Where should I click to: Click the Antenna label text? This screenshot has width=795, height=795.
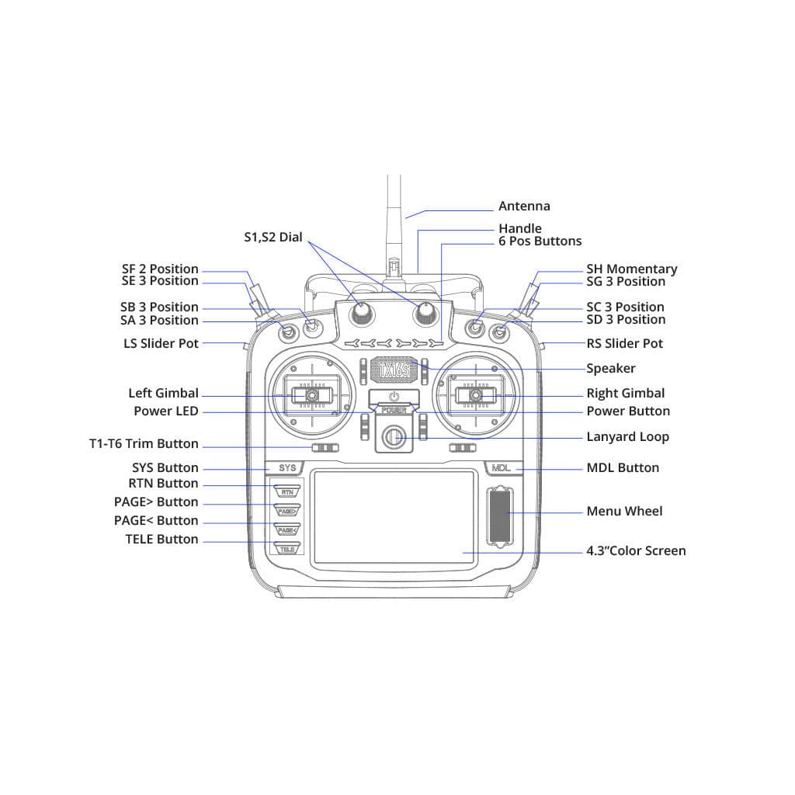[524, 207]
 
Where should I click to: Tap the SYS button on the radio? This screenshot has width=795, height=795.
[287, 468]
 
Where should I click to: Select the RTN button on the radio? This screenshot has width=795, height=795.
[287, 491]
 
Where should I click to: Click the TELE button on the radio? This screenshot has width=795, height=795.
[287, 548]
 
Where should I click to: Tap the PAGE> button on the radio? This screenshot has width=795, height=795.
[287, 511]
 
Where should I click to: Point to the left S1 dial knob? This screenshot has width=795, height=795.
[361, 313]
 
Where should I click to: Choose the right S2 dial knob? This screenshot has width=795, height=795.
[425, 313]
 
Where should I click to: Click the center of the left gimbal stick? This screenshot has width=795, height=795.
[310, 396]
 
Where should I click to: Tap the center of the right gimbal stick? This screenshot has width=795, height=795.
[476, 396]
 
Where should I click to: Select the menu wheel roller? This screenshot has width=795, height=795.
[498, 515]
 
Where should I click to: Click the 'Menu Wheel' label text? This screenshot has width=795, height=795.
[624, 511]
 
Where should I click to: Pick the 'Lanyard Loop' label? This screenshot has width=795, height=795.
[627, 437]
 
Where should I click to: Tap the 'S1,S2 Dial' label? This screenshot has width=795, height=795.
[273, 238]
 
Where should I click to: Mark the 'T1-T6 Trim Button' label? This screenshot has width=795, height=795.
[144, 444]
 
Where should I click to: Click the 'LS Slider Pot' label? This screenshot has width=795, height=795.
[161, 343]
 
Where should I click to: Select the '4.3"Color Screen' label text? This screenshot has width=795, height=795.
[636, 551]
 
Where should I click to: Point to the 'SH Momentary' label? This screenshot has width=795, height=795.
[631, 269]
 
